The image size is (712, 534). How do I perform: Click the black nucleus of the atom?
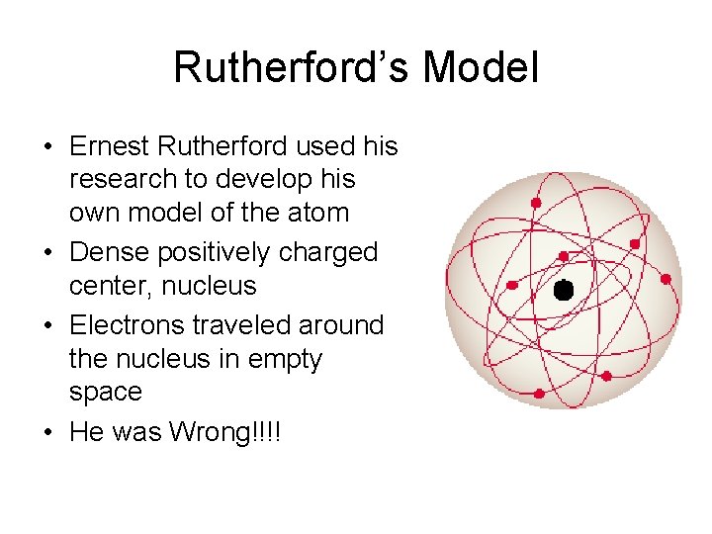point(563,290)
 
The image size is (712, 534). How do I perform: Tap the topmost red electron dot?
point(536,203)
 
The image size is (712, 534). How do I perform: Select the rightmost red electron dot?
point(666,280)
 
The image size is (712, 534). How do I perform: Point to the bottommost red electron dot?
point(539,394)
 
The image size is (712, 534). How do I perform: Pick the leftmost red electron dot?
point(512,285)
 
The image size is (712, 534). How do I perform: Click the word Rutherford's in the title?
point(294,67)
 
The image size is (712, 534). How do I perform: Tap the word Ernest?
point(111,146)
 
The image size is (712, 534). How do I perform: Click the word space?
point(105,392)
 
